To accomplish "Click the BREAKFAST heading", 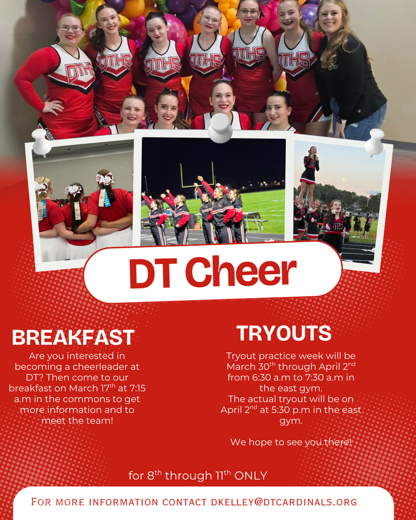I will [x=73, y=338].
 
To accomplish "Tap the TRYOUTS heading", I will [x=284, y=334].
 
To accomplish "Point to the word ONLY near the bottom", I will [x=251, y=476].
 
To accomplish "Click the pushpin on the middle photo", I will [x=220, y=126].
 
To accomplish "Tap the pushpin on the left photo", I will [x=42, y=141].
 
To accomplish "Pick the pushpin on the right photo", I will [x=375, y=141].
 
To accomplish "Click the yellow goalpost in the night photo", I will [x=197, y=175].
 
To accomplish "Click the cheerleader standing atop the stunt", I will [x=310, y=168].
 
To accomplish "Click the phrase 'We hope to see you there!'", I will [x=291, y=442].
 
